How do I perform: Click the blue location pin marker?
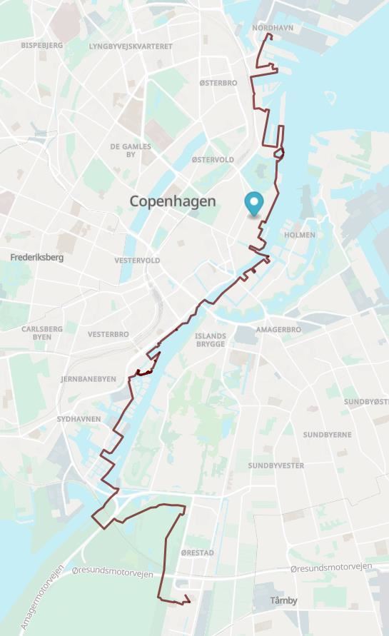click(x=253, y=204)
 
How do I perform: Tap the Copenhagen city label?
click(x=173, y=201)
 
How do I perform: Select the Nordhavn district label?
click(x=273, y=28)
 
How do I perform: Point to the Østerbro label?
click(x=218, y=83)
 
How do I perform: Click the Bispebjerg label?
click(x=42, y=45)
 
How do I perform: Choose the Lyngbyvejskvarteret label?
click(x=131, y=46)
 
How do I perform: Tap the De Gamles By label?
click(x=131, y=151)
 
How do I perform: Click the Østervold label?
click(x=213, y=159)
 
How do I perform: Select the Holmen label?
click(x=300, y=235)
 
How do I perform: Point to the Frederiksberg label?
click(x=37, y=257)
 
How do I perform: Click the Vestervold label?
click(x=137, y=261)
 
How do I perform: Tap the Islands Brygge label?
click(x=211, y=340)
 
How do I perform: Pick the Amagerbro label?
click(x=278, y=330)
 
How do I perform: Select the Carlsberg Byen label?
click(x=42, y=333)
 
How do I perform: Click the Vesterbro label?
click(x=108, y=334)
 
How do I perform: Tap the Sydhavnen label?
click(x=79, y=419)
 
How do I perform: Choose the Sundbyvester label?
click(x=276, y=465)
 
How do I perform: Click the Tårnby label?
click(x=284, y=600)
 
